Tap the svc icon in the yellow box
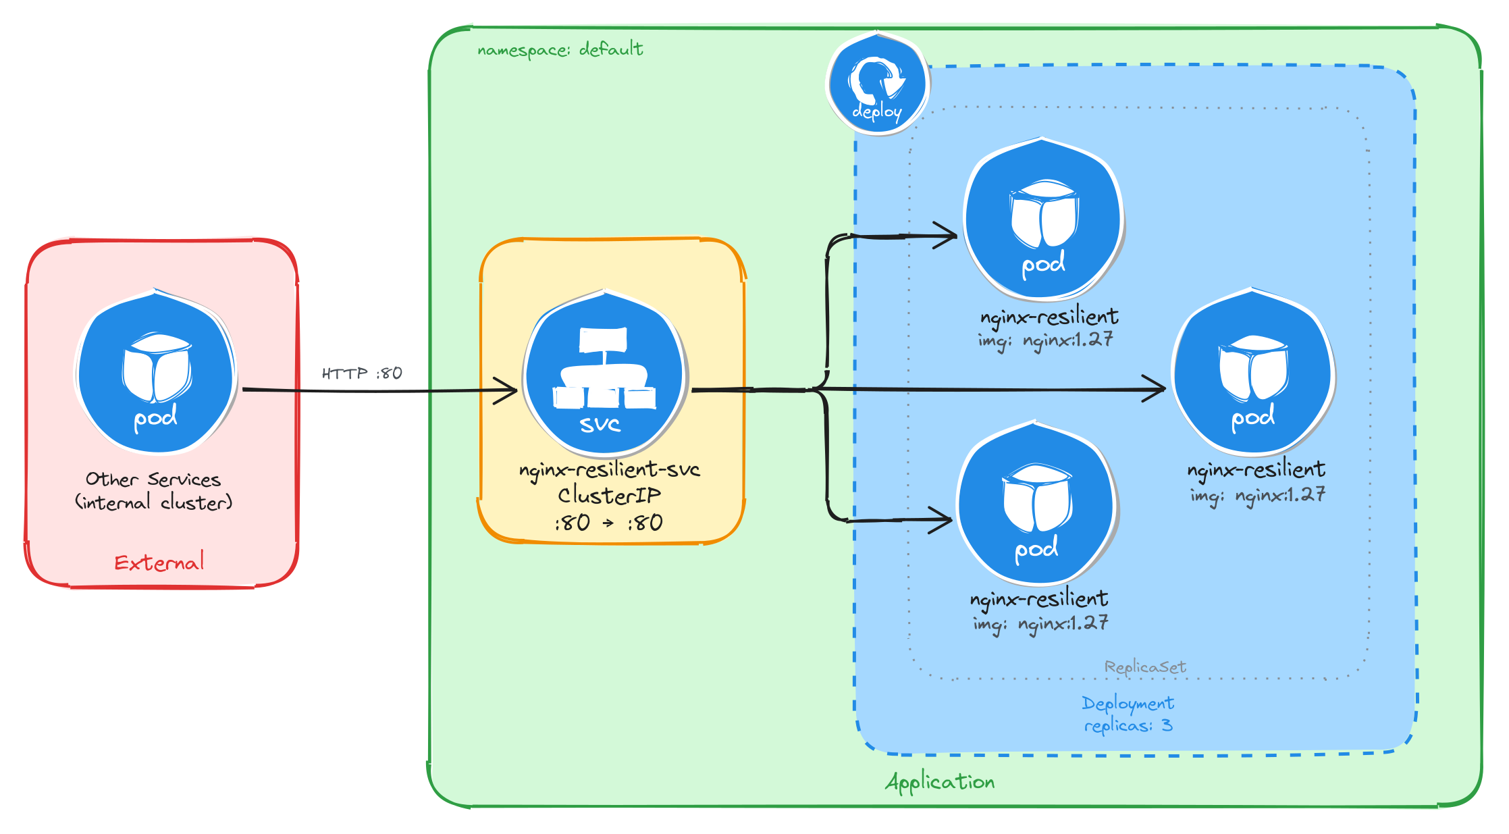[605, 373]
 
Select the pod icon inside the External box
[156, 373]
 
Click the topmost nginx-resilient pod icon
[1043, 219]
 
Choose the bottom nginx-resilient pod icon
[1037, 504]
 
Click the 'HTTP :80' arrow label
[362, 373]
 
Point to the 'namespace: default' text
[560, 49]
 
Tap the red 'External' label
[159, 563]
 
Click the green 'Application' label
[939, 782]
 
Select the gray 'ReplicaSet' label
[1145, 667]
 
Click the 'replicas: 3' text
[1128, 726]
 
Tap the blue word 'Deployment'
[1128, 704]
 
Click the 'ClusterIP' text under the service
[609, 496]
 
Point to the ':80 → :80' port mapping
[609, 523]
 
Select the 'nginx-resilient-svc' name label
[609, 469]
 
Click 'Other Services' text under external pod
[153, 479]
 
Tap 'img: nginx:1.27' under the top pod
[1044, 340]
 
